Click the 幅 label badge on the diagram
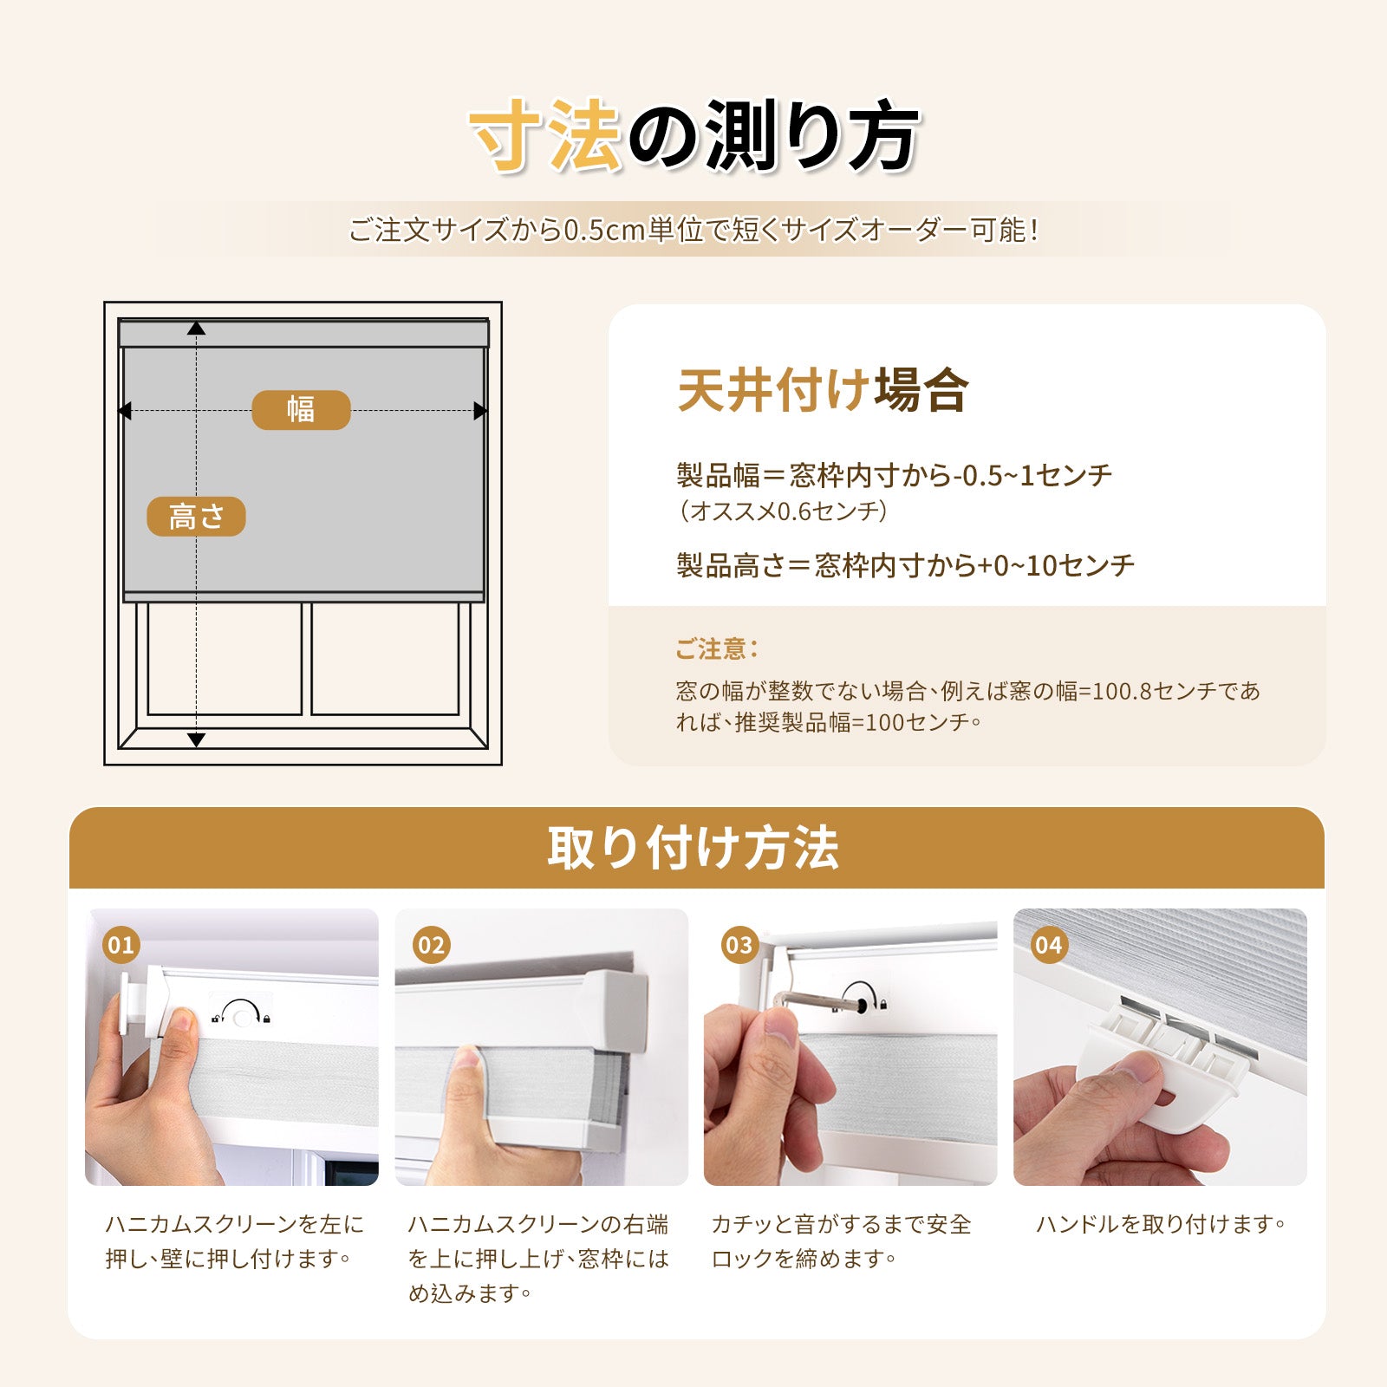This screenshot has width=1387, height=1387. click(301, 409)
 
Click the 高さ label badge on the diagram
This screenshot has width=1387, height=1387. click(196, 517)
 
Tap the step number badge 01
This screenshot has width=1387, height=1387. click(120, 944)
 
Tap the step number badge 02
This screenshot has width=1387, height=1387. click(431, 944)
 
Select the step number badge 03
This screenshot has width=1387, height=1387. click(739, 944)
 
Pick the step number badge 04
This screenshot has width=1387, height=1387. click(1048, 944)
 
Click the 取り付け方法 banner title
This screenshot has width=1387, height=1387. click(693, 847)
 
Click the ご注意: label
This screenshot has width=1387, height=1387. click(716, 648)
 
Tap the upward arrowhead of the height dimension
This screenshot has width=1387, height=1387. click(197, 329)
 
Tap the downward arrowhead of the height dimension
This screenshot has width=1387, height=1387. click(197, 739)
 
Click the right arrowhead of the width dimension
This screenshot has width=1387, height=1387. click(480, 411)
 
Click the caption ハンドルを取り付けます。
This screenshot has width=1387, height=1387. click(1161, 1224)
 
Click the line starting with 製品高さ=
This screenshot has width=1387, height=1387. click(905, 565)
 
